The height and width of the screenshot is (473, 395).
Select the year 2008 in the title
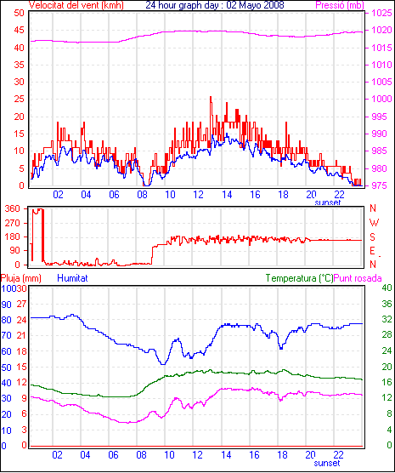274,5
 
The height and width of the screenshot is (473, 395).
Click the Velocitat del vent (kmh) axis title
76,5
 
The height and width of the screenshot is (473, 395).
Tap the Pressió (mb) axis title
340,5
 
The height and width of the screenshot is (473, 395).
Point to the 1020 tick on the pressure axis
381,30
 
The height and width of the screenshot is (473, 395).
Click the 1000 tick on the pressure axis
381,99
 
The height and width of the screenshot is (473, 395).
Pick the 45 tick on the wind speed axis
19,30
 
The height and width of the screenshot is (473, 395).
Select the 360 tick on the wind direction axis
13,208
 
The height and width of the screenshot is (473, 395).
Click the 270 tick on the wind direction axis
13,223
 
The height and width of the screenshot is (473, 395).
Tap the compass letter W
374,223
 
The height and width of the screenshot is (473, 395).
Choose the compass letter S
373,237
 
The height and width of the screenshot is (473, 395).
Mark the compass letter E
372,251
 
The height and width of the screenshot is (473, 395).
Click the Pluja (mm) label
20,278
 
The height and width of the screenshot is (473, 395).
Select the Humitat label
72,278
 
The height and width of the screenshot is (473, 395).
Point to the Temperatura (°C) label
300,278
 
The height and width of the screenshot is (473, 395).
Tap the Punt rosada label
358,278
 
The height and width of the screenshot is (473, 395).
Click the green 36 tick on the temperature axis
387,304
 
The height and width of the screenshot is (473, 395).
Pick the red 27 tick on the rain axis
21,304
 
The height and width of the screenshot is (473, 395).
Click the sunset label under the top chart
328,202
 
